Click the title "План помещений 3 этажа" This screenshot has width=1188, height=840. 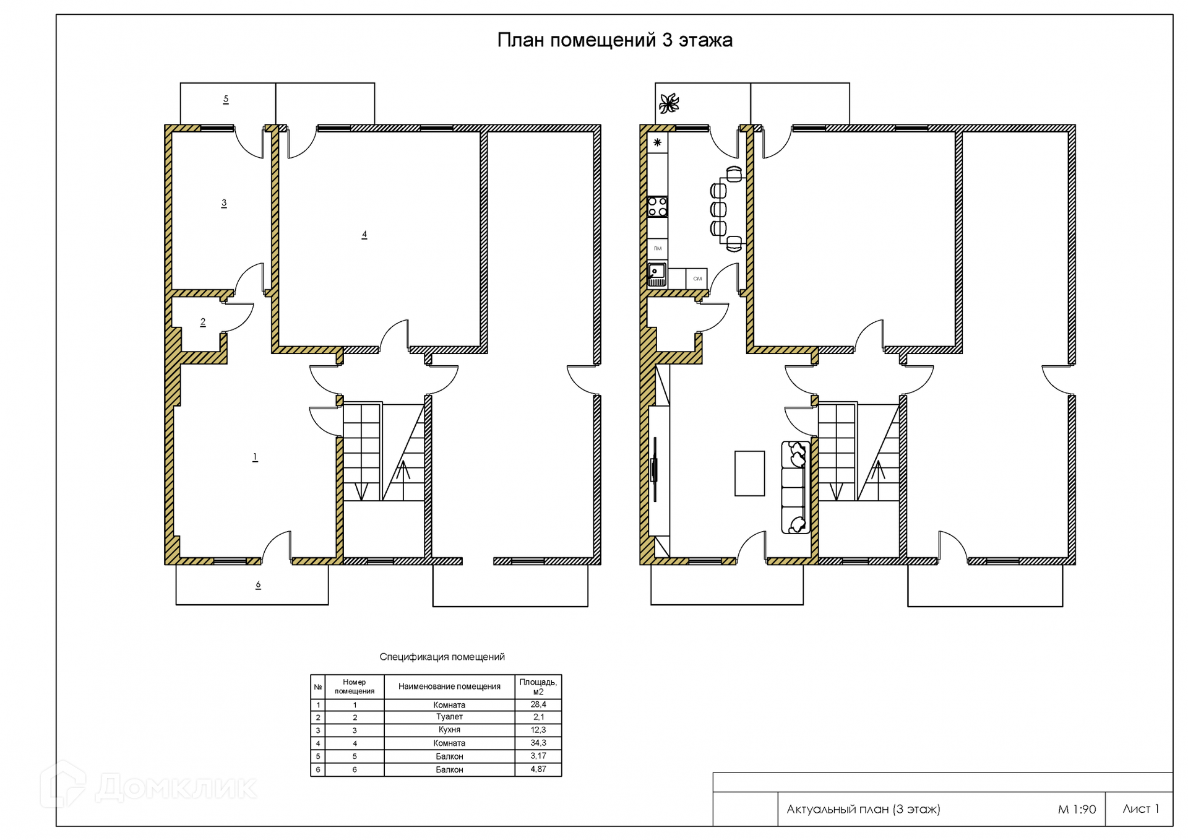614,40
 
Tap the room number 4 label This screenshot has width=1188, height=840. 364,235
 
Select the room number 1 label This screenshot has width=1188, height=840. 255,457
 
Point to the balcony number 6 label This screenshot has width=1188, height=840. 258,584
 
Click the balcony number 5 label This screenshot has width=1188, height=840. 226,99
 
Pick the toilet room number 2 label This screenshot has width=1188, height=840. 203,322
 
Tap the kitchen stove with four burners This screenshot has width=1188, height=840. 657,207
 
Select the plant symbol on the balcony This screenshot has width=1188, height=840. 669,103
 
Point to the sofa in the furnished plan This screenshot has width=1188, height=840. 796,487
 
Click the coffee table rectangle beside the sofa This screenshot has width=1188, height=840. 749,474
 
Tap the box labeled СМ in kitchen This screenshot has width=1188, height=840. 697,279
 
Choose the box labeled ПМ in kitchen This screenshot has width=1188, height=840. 657,249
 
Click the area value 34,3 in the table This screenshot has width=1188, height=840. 538,743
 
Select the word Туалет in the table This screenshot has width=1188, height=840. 449,717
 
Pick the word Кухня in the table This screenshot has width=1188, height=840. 449,730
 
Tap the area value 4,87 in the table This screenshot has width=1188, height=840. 538,769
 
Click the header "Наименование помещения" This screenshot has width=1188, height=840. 449,686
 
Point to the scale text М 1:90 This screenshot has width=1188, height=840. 1077,810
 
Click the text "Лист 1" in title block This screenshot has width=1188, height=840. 1140,809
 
